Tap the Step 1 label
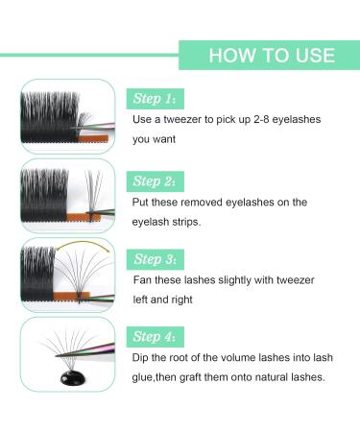coord(156,98)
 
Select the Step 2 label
coord(156,180)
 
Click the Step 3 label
coord(156,259)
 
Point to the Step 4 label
coord(156,337)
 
